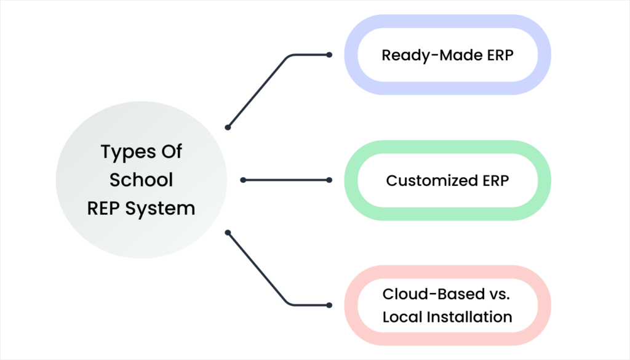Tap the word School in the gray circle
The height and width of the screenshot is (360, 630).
142,180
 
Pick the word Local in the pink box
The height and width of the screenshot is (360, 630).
401,317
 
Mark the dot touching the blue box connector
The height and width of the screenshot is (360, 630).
329,55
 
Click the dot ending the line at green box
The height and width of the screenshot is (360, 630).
329,180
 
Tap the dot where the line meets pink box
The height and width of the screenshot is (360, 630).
329,305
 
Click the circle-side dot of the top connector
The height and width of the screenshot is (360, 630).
228,127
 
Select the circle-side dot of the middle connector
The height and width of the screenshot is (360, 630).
243,180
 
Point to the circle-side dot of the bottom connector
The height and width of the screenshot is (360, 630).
228,233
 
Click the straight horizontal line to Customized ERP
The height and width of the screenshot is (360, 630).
286,180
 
